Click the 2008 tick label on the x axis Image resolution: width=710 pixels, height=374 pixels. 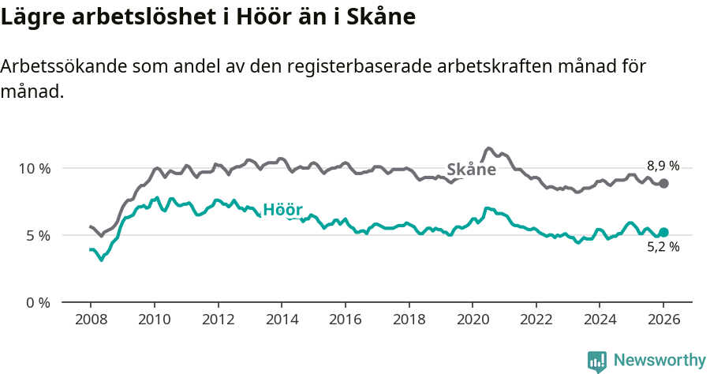click(90, 321)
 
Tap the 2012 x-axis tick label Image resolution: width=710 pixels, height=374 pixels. click(218, 321)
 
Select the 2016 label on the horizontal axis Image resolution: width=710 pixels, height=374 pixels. click(345, 321)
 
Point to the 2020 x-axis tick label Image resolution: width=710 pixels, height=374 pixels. click(473, 321)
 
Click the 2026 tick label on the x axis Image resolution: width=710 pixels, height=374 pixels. click(663, 321)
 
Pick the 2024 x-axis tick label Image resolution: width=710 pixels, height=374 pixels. click(600, 321)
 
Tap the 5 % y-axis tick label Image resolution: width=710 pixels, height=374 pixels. click(38, 235)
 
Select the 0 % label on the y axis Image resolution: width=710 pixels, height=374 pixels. click(38, 302)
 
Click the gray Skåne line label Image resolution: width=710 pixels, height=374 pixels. click(471, 170)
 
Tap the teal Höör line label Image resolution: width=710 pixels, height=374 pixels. click(282, 210)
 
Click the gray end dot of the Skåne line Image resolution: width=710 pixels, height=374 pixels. click(664, 183)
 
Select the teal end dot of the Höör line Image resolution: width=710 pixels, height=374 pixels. click(664, 232)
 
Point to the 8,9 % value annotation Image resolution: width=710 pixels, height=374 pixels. click(663, 166)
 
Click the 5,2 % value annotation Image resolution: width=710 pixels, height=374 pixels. click(663, 247)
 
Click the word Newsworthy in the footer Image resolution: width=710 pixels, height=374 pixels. click(659, 361)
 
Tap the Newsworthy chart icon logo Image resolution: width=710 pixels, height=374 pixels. click(597, 361)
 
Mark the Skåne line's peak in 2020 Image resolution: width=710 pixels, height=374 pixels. click(489, 148)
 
